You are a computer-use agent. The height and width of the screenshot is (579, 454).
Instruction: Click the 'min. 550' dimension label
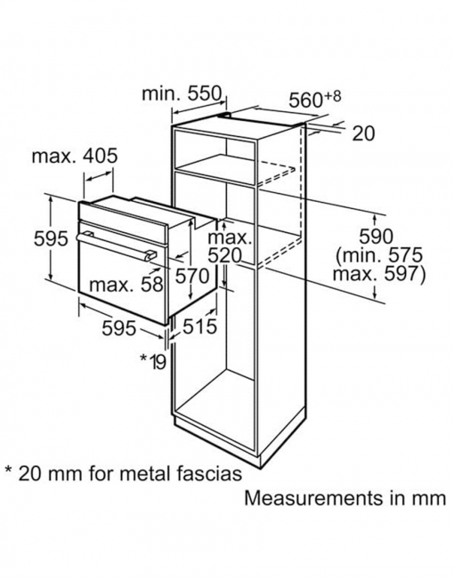tap(182, 93)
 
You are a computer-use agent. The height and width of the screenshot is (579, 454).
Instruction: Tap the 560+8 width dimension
tap(314, 99)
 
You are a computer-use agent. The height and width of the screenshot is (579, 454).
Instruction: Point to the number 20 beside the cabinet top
tap(363, 133)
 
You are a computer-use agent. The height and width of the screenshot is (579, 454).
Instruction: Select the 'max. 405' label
tap(75, 156)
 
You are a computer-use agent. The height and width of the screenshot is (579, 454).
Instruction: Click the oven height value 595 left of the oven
tap(51, 238)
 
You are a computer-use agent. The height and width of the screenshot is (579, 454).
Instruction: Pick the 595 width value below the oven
tap(119, 327)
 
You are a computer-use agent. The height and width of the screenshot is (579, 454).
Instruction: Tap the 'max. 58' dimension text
tap(126, 285)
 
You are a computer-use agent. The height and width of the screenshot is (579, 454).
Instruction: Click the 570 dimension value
tap(192, 276)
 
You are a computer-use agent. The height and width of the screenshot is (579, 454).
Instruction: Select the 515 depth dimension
tap(199, 326)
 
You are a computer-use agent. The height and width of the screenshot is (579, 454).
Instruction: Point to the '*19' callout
tap(153, 361)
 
